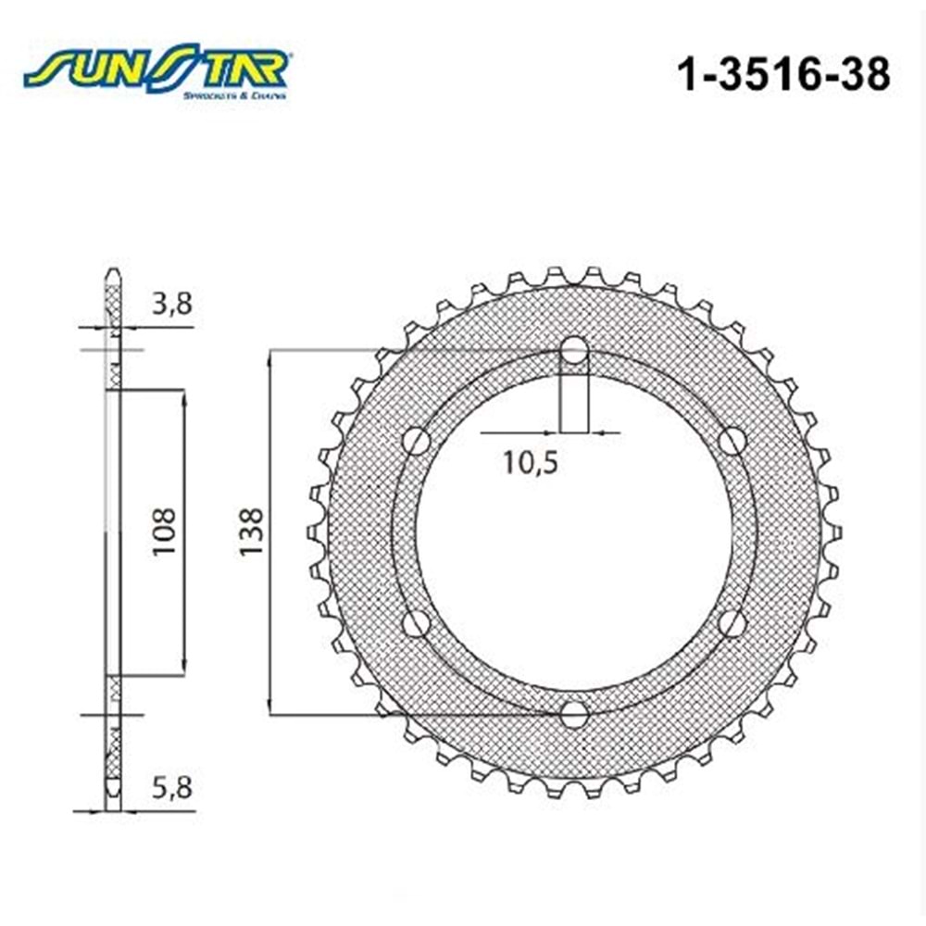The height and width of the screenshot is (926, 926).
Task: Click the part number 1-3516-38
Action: click(x=784, y=74)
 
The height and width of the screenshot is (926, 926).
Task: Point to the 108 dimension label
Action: click(x=165, y=531)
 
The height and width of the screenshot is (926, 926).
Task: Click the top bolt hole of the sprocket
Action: click(x=574, y=351)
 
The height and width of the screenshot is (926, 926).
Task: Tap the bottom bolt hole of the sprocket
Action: click(x=574, y=714)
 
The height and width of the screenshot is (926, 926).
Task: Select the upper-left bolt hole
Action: click(x=417, y=442)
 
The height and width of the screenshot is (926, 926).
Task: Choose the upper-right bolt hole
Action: click(x=732, y=442)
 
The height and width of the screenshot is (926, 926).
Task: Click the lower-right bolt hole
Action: click(x=732, y=623)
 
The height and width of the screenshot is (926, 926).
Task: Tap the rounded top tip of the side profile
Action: click(x=112, y=272)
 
